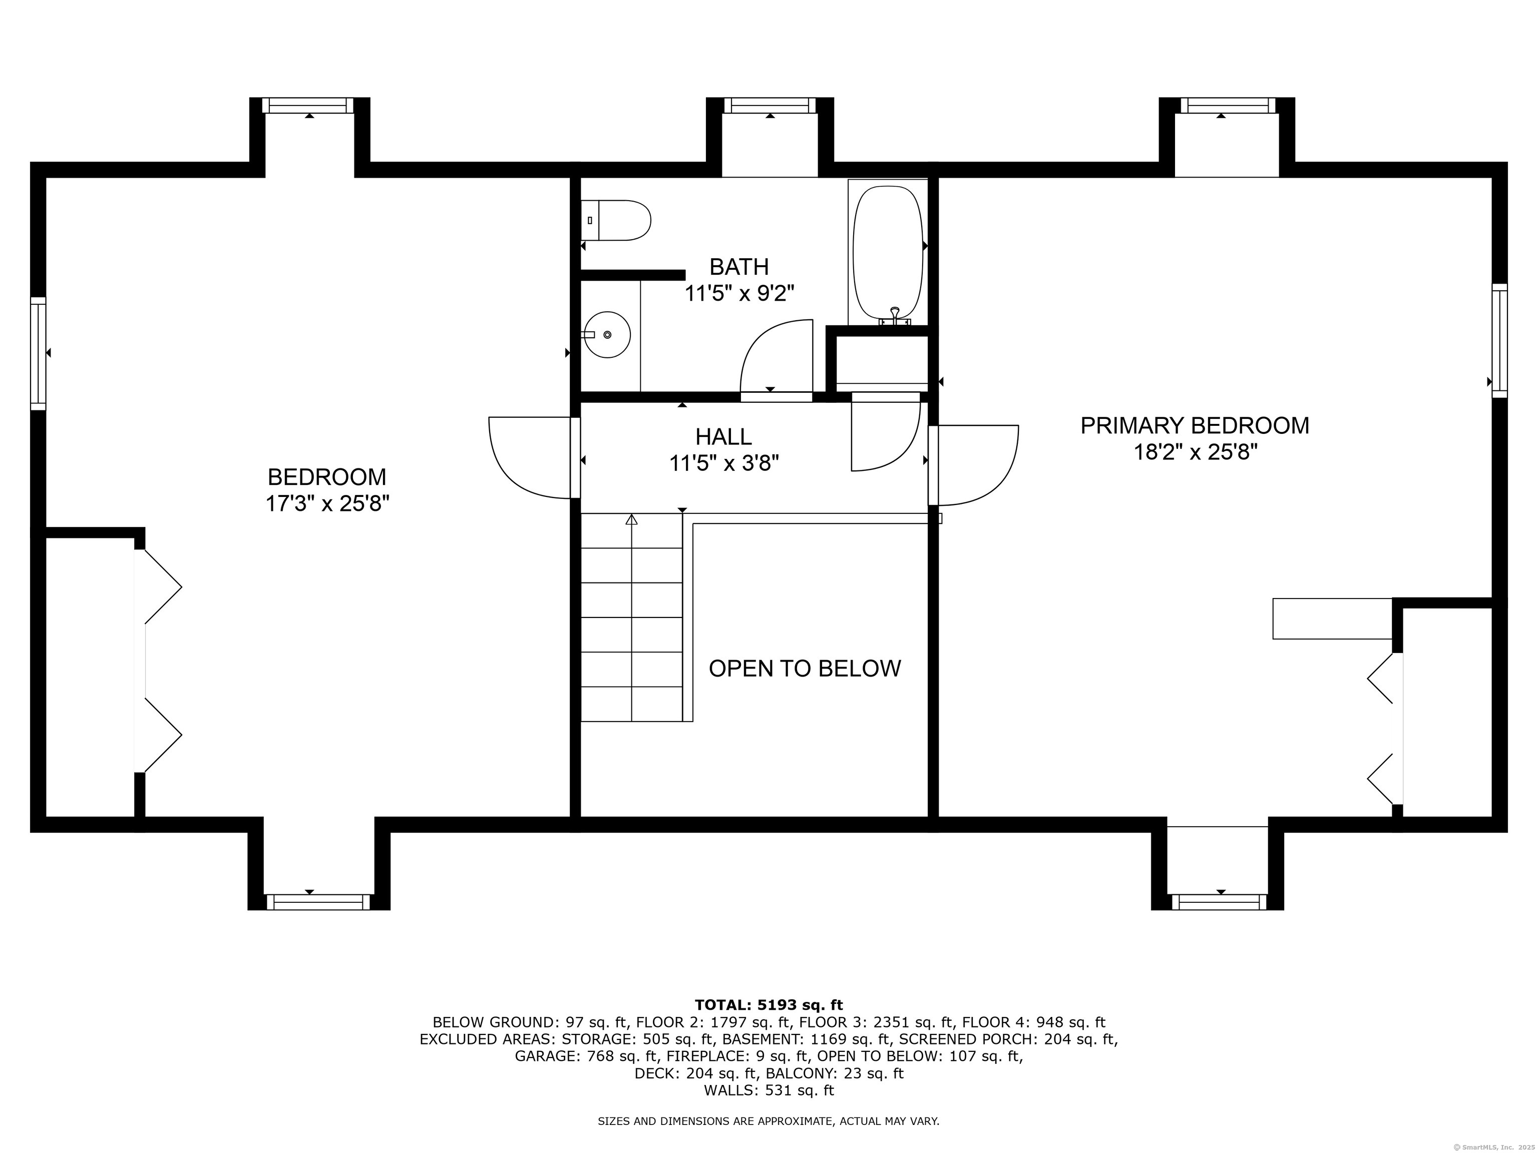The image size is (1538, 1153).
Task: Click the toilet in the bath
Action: (x=615, y=220)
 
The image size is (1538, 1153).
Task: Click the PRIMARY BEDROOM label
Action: (x=1195, y=425)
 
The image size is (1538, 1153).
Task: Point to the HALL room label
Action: (x=724, y=436)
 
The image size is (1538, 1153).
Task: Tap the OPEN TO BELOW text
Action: (x=805, y=668)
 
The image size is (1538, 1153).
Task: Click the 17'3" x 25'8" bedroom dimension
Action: (x=327, y=503)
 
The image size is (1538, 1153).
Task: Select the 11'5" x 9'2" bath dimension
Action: (x=739, y=293)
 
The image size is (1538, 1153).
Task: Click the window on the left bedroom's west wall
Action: (x=38, y=353)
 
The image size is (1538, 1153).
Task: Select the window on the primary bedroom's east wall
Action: (x=1500, y=341)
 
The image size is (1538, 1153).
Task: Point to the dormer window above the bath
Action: (x=770, y=105)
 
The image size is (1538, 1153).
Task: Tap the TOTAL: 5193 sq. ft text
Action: (x=768, y=1005)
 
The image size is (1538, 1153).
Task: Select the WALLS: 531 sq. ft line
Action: (x=768, y=1090)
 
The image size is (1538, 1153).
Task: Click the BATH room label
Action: (x=739, y=266)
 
